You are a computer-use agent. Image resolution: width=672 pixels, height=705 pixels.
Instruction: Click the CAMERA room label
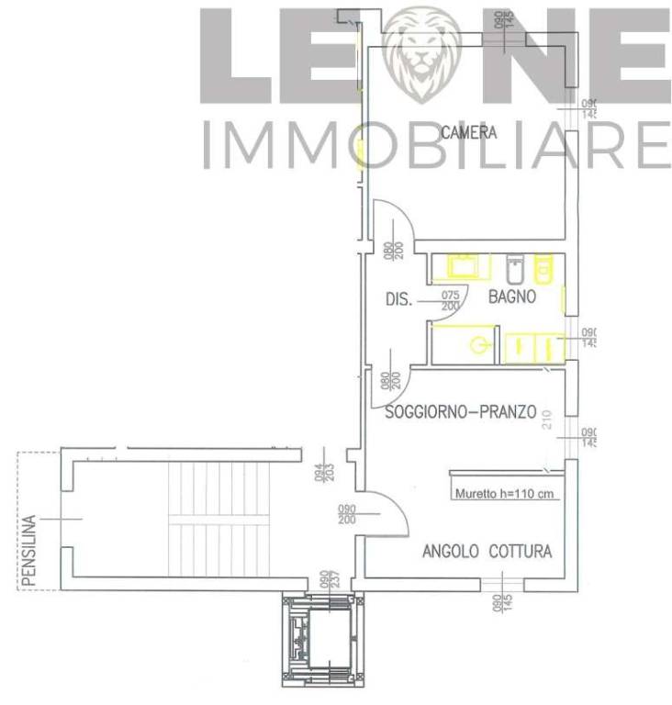(x=468, y=133)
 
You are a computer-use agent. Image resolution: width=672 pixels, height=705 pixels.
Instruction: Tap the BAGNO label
(x=512, y=297)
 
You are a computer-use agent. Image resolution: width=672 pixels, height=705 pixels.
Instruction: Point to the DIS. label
(x=398, y=298)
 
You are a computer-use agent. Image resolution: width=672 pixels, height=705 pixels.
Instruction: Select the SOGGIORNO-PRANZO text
(x=460, y=413)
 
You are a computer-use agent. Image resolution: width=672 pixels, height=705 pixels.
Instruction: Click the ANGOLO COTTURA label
(x=487, y=552)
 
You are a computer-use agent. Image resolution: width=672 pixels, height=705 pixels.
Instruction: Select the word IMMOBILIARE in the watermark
(x=435, y=145)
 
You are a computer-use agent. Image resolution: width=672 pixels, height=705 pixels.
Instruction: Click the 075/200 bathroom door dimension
(x=450, y=300)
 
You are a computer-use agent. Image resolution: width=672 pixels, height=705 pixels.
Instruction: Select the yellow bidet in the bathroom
(x=543, y=268)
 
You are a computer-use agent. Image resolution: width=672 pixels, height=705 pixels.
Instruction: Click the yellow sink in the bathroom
(x=460, y=267)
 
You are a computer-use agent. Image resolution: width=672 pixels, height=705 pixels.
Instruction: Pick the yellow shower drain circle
(x=478, y=346)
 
